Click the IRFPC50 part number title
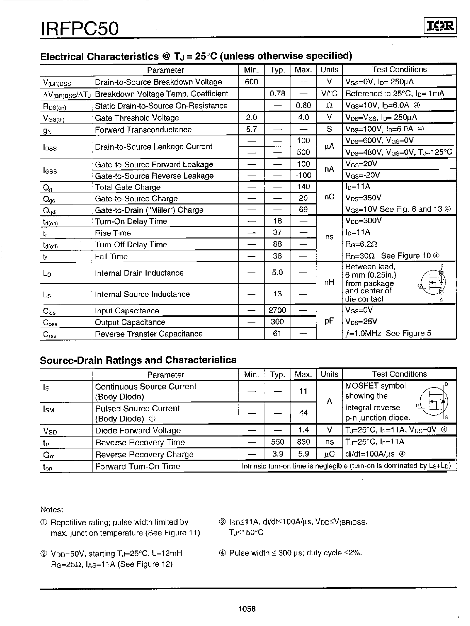80,29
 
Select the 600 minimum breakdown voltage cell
251,82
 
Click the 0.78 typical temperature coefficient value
277,94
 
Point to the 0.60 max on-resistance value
303,105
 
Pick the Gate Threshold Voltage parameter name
137,118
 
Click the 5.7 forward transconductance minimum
251,129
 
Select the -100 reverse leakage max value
303,176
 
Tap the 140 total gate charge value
303,187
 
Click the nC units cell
329,197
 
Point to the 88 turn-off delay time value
277,244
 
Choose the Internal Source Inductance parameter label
142,294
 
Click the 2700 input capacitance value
277,310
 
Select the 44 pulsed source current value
303,413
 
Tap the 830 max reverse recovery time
303,442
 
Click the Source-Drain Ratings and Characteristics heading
138,360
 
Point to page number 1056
247,609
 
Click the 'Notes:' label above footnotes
52,510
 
